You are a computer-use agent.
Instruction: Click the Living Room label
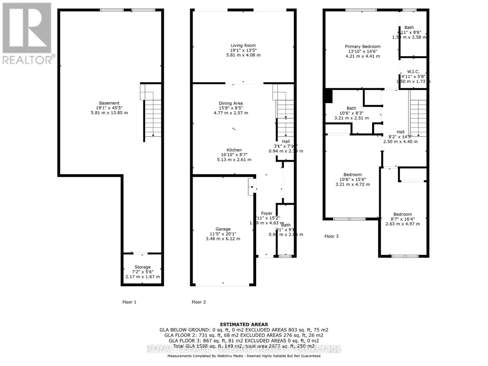(x=243, y=45)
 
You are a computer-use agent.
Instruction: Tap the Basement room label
(x=109, y=103)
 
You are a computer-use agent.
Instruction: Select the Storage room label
(x=142, y=267)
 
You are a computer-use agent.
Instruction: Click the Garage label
(x=223, y=229)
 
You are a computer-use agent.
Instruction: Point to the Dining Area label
(x=231, y=103)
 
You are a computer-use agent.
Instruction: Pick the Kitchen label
(x=234, y=150)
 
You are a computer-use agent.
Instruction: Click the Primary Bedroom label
(x=362, y=47)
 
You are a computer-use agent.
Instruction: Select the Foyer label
(x=266, y=213)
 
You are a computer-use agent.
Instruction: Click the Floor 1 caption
(x=129, y=302)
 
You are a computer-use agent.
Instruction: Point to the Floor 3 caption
(x=331, y=236)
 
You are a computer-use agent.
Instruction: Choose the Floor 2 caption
(x=199, y=302)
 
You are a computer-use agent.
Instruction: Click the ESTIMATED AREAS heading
(x=244, y=325)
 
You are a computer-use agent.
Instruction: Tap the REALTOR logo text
(x=29, y=59)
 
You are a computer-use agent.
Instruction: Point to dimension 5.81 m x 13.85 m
(x=109, y=113)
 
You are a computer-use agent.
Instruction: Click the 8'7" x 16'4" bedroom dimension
(x=403, y=219)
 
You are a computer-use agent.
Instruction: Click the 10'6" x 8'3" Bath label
(x=351, y=108)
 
